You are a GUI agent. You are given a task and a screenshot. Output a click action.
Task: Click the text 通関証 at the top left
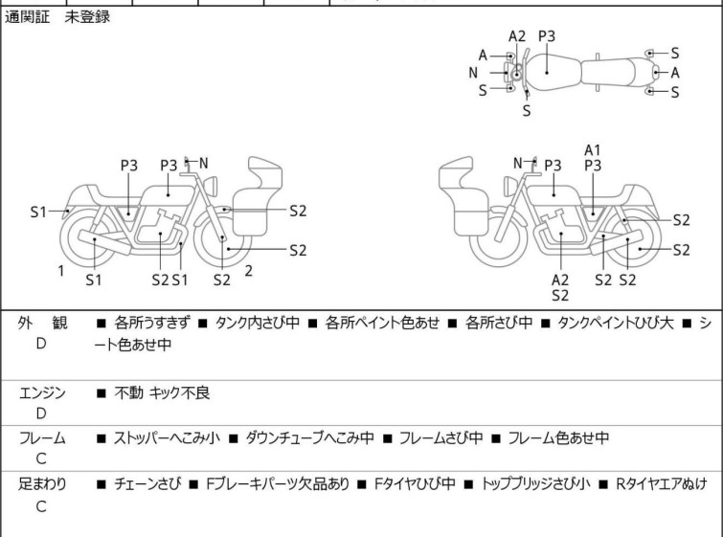[x=30, y=17]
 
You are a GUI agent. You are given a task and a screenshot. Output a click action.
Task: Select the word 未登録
[x=87, y=17]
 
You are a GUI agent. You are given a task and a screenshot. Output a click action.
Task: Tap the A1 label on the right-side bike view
[x=593, y=149]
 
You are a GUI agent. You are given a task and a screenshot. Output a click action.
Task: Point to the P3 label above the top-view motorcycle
[x=547, y=36]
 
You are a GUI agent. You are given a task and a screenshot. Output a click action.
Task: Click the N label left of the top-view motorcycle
[x=473, y=73]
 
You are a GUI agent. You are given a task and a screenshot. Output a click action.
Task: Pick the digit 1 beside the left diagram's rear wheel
[x=60, y=271]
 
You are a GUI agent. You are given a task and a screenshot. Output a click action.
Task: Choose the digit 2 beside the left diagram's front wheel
[x=248, y=271]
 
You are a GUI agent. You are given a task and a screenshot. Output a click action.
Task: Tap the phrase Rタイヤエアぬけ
[x=661, y=484]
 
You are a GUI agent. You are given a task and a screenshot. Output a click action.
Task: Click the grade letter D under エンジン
[x=41, y=414]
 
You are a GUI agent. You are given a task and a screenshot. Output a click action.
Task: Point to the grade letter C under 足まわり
[x=41, y=507]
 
